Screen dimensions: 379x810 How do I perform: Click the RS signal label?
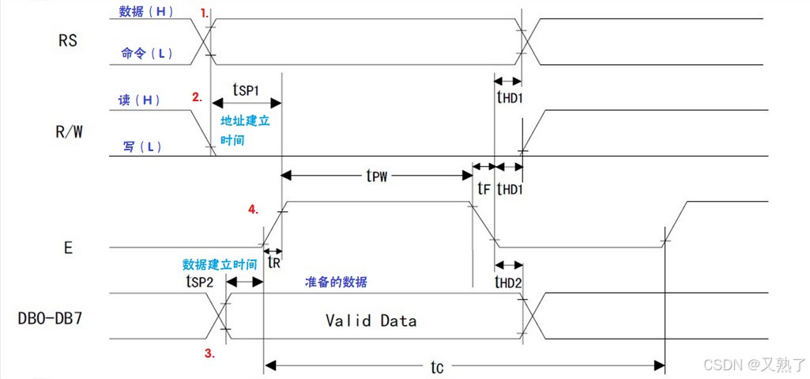click(68, 40)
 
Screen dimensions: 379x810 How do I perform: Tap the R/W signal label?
click(68, 131)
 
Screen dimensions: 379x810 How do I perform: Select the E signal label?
click(68, 248)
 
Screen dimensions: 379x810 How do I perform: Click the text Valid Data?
click(371, 320)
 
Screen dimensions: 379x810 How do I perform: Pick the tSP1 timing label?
click(246, 89)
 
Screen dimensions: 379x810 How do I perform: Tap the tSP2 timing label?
click(199, 281)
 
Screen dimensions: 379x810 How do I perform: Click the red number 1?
click(205, 13)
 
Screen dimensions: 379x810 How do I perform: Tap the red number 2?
click(198, 98)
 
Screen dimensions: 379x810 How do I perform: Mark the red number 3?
click(209, 354)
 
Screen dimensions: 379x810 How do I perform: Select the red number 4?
click(253, 210)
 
